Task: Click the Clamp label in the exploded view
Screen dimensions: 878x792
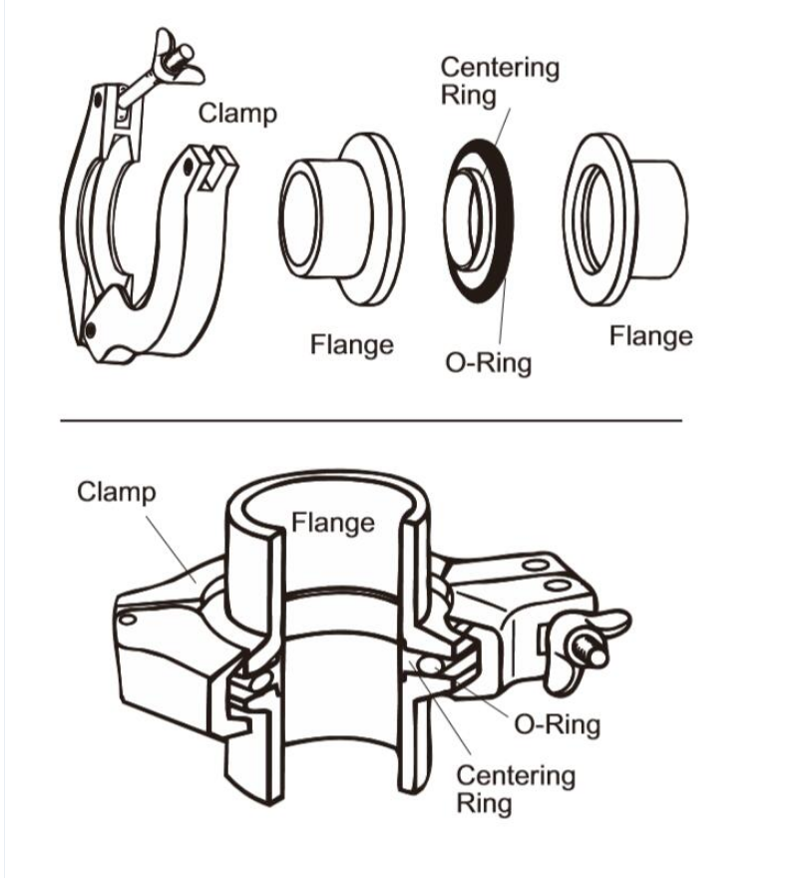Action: (x=237, y=113)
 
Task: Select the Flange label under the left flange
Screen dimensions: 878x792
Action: (x=351, y=345)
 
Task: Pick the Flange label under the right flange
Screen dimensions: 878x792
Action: (x=650, y=336)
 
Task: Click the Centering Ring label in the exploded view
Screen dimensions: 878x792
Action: (x=500, y=82)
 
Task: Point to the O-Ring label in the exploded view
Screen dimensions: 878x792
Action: (x=488, y=361)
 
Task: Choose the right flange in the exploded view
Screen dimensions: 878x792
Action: (x=627, y=214)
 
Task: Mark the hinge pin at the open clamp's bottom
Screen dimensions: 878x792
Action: (x=91, y=329)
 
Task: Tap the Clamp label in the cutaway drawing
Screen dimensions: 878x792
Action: (x=117, y=492)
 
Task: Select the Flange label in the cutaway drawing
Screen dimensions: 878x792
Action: (x=333, y=522)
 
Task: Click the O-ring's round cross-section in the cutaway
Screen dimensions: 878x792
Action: (x=429, y=664)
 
